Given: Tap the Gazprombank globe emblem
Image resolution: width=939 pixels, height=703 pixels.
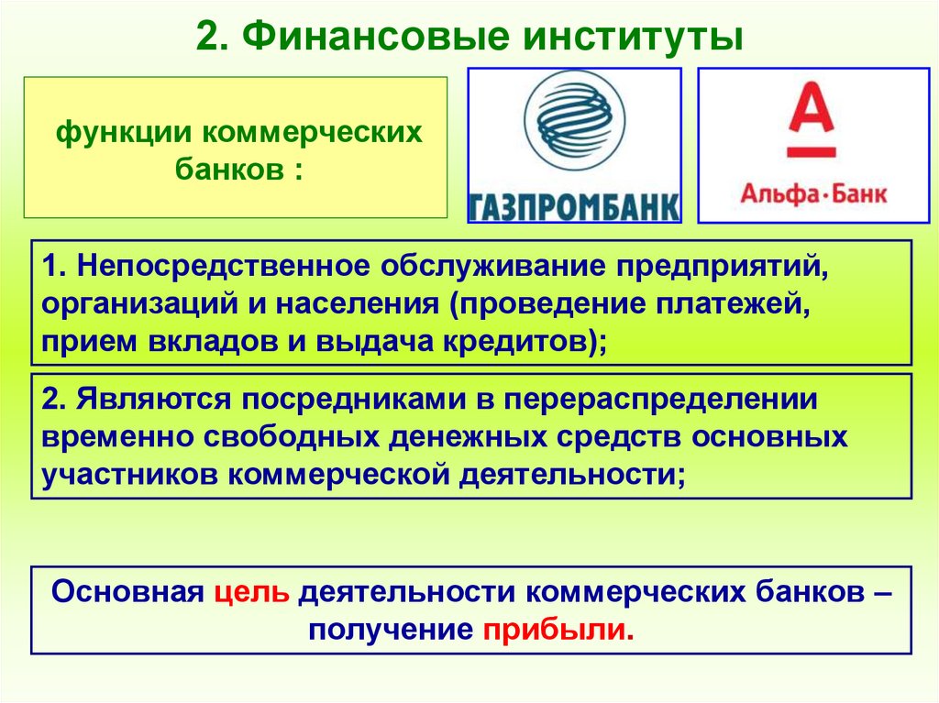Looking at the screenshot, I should click(574, 121).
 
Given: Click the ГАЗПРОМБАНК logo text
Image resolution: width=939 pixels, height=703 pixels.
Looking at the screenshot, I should click(574, 206).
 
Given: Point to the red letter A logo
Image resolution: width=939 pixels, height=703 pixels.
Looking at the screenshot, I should click(812, 120).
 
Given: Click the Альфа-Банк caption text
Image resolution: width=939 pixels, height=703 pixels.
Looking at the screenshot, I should click(813, 194).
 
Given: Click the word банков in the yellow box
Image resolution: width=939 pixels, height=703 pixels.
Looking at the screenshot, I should click(225, 170).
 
